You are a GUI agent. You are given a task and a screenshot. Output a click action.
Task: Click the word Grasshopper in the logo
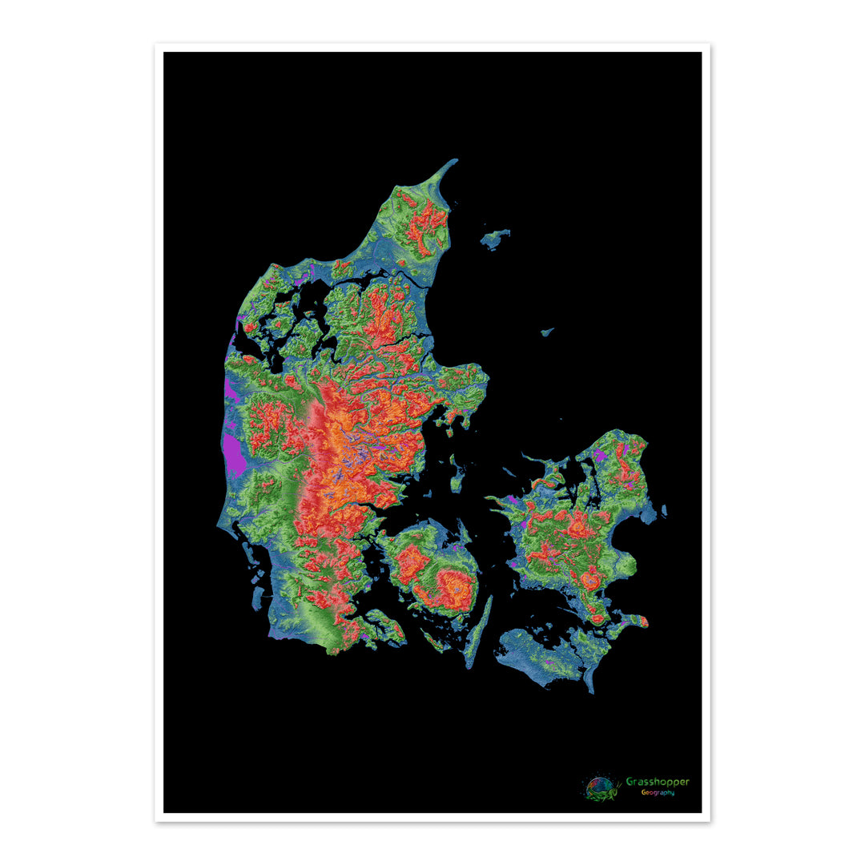click(x=657, y=782)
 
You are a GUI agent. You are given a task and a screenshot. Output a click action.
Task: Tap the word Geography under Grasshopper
click(x=657, y=793)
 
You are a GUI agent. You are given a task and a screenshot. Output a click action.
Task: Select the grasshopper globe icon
click(x=601, y=788)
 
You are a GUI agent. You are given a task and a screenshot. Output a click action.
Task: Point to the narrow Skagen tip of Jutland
click(x=449, y=165)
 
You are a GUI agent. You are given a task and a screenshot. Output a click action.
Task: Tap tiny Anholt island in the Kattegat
click(x=547, y=331)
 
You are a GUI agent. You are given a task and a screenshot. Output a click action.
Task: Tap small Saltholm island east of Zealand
click(x=664, y=510)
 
